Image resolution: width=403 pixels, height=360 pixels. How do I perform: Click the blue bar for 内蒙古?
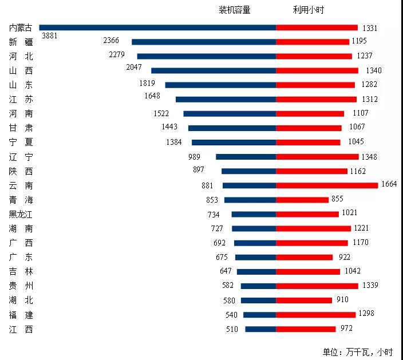pyautogui.click(x=157, y=27)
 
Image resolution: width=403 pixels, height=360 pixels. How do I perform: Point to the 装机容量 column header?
pyautogui.click(x=235, y=10)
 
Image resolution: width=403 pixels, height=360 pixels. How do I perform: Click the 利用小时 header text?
pyautogui.click(x=309, y=10)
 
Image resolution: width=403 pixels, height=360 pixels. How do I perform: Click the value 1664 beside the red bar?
pyautogui.click(x=389, y=184)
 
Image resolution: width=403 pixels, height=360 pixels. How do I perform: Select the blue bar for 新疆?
pyautogui.click(x=204, y=42)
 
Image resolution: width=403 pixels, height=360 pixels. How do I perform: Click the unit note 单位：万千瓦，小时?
pyautogui.click(x=360, y=351)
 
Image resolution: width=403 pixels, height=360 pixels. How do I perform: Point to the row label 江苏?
pyautogui.click(x=21, y=99)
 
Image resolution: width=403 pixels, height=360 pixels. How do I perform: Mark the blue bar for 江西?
pyautogui.click(x=260, y=329)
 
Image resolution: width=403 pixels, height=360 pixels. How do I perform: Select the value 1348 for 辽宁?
pyautogui.click(x=369, y=156)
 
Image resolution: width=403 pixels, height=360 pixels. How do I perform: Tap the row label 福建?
pyautogui.click(x=21, y=315)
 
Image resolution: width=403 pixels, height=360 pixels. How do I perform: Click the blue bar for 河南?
pyautogui.click(x=230, y=113)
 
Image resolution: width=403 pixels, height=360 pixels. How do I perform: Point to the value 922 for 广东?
pyautogui.click(x=345, y=257)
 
